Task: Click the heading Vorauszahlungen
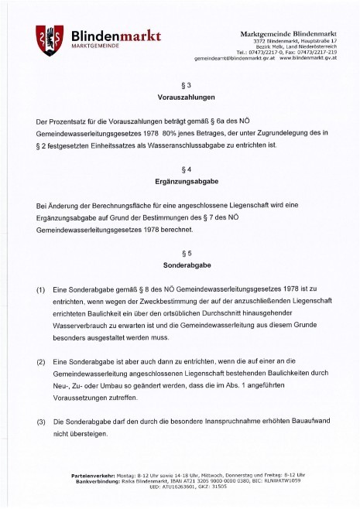point(179,99)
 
